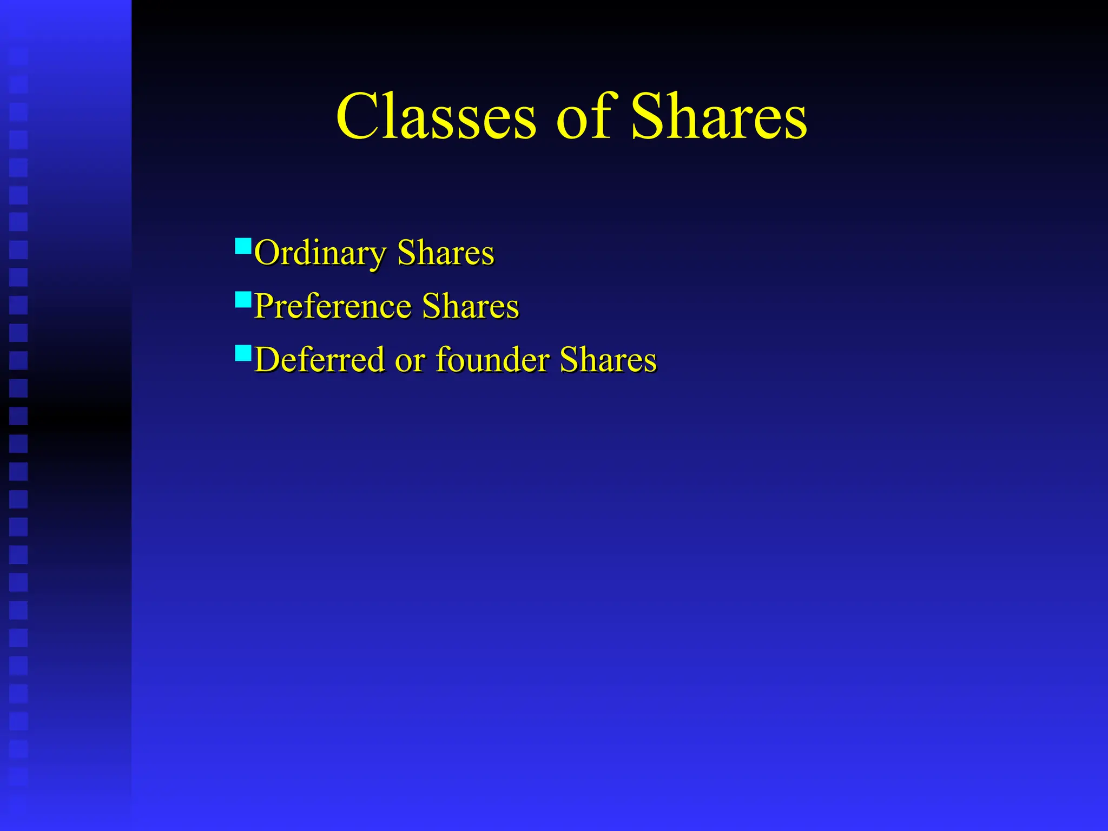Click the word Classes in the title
(x=436, y=117)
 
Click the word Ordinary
(x=320, y=253)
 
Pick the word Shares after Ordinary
(x=445, y=253)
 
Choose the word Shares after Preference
(x=470, y=306)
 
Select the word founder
(x=493, y=360)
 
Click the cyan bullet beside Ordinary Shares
(x=243, y=246)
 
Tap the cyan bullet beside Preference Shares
(x=243, y=300)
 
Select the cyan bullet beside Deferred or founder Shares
(x=243, y=353)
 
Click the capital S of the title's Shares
(x=649, y=117)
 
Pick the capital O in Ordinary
(x=266, y=253)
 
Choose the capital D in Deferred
(x=267, y=360)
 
